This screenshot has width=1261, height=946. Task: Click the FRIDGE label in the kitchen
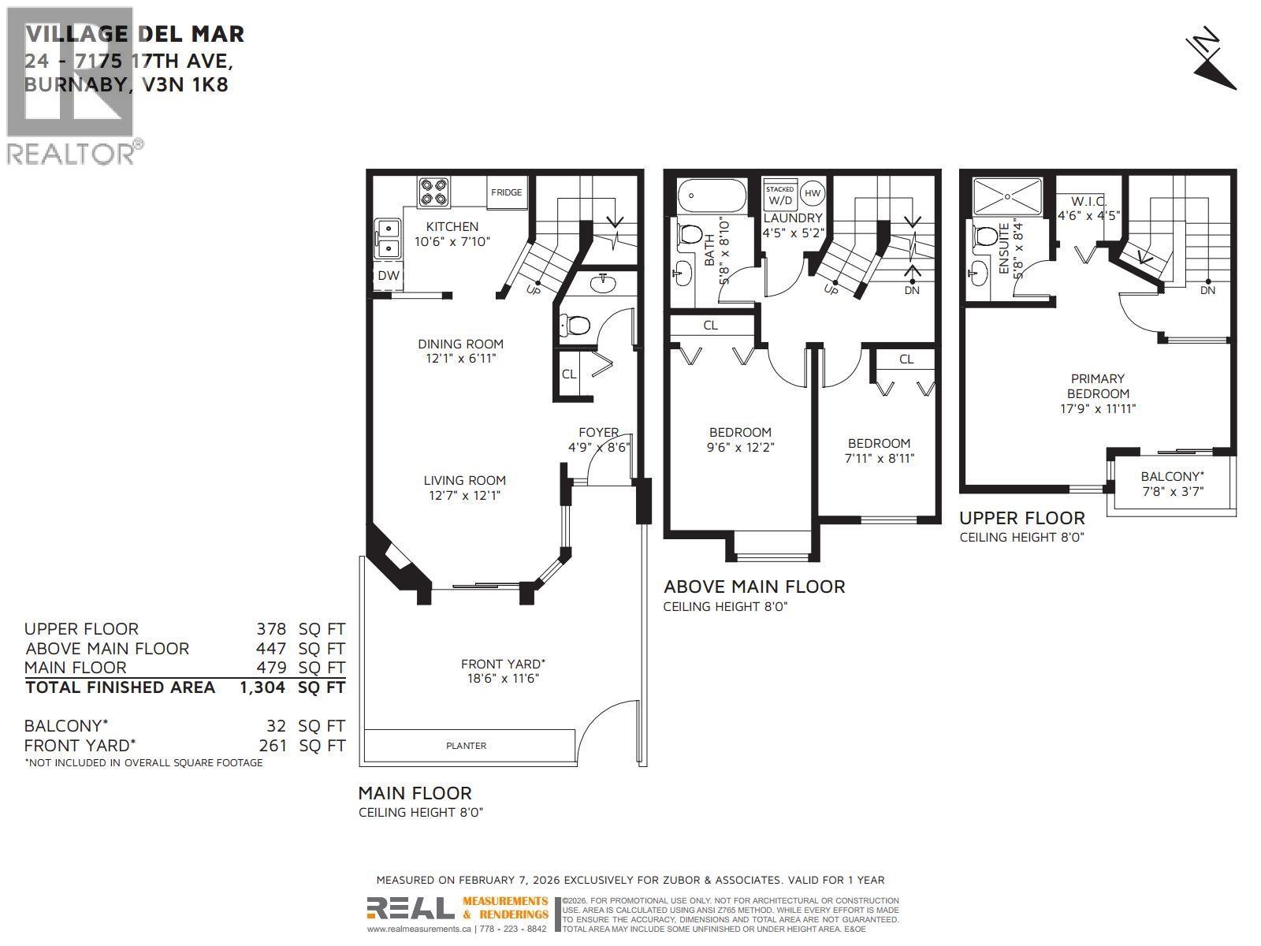(506, 192)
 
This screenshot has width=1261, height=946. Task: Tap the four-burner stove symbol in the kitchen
(432, 192)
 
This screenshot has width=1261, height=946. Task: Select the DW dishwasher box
(388, 275)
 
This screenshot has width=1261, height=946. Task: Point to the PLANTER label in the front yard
(466, 745)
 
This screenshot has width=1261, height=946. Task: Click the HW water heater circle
(813, 193)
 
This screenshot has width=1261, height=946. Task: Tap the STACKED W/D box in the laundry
(780, 195)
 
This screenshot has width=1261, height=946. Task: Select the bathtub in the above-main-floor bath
(711, 195)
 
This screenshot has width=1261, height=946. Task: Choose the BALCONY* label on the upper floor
(1172, 476)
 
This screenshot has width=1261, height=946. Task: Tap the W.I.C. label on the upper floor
(1088, 201)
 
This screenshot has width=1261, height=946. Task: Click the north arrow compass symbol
(1212, 62)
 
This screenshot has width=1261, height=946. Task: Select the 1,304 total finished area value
(262, 687)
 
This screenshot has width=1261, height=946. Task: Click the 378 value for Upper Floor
(271, 629)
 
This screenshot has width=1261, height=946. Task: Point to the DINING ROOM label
(460, 344)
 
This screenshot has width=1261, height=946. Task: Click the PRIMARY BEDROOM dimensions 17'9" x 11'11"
(1097, 408)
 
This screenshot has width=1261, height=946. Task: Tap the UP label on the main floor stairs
(533, 289)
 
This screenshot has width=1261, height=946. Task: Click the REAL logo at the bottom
(410, 909)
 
